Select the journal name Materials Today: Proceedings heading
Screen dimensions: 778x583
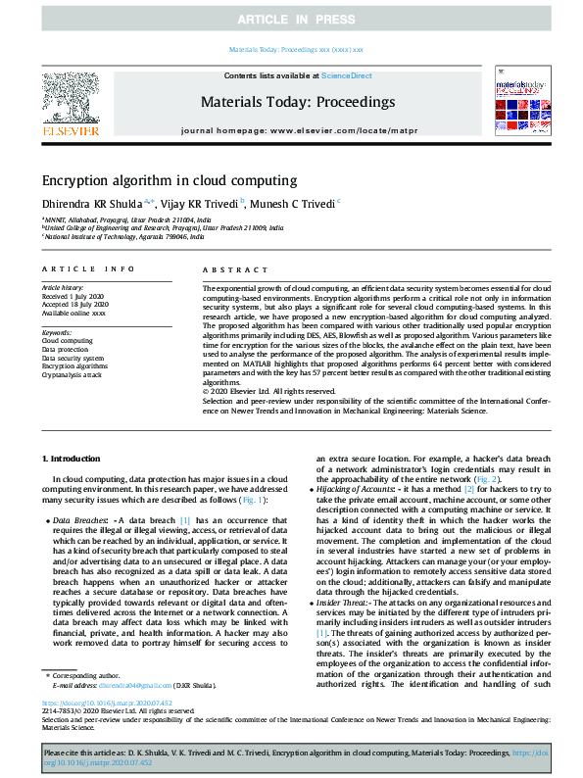point(297,102)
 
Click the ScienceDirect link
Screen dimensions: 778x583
point(348,75)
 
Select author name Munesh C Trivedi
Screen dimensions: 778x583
point(292,204)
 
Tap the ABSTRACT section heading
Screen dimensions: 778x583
point(227,268)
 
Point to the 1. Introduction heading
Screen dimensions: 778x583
point(73,459)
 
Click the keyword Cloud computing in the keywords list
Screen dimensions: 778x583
point(69,340)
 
